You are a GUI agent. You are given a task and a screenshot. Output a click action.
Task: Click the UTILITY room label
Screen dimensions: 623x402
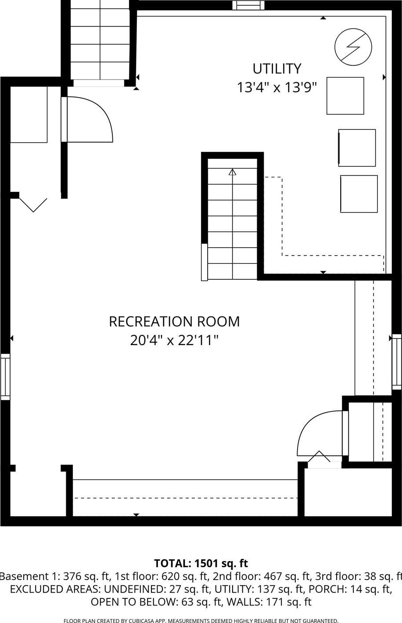tap(276, 69)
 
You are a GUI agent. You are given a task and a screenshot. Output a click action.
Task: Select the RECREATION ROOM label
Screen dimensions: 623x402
tap(174, 321)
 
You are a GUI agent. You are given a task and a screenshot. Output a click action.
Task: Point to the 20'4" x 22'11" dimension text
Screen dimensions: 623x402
tap(174, 340)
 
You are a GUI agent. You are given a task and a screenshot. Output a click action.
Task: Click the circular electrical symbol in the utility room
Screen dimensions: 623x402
tap(353, 47)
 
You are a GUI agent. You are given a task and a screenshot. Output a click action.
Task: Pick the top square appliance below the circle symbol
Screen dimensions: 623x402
tap(345, 96)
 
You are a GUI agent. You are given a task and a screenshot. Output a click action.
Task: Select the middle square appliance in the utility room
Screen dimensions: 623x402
tap(357, 148)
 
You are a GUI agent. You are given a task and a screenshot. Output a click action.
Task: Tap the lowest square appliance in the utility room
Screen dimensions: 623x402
tap(359, 194)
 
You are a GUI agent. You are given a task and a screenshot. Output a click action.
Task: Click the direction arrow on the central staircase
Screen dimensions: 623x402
tap(232, 172)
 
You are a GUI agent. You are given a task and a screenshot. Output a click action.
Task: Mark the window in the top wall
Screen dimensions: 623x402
tap(248, 5)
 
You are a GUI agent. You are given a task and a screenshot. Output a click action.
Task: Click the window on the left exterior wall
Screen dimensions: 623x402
tap(5, 377)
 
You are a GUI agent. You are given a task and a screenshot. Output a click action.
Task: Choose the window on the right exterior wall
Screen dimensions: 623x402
tap(397, 362)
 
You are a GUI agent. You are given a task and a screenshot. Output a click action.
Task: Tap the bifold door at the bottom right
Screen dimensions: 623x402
tap(319, 457)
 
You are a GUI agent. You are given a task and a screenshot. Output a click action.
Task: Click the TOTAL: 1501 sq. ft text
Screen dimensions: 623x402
tap(201, 563)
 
